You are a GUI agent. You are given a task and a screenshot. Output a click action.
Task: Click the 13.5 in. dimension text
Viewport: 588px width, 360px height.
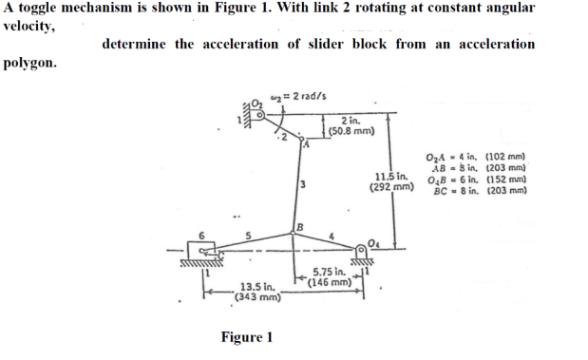[x=257, y=285]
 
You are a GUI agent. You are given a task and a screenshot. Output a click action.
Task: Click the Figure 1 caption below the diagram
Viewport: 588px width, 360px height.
[x=246, y=337]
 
